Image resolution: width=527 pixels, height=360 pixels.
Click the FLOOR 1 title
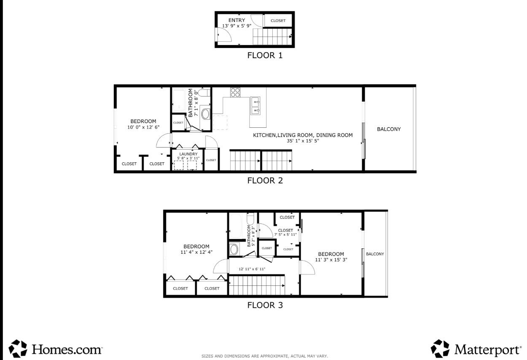pos(265,55)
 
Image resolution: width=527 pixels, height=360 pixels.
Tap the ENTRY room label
pos(237,20)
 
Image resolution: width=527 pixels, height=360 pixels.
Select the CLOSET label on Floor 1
pos(278,21)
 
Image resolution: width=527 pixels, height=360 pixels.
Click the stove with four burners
pos(235,92)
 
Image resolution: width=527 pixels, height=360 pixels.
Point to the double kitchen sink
pos(255,106)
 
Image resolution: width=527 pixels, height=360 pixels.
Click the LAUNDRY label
pos(188,154)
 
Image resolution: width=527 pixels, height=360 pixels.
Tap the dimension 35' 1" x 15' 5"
pos(303,141)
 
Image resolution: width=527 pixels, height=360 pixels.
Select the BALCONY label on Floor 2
pos(389,129)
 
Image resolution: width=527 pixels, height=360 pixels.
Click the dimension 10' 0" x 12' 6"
pos(143,127)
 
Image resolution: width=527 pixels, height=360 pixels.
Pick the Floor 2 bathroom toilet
pos(204,93)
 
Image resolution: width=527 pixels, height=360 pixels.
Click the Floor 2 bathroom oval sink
pos(206,114)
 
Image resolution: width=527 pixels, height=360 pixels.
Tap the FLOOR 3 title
pos(265,305)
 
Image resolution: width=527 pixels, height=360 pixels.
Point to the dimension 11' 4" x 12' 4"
pos(196,252)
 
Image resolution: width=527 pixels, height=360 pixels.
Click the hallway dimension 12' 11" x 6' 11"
pos(252,269)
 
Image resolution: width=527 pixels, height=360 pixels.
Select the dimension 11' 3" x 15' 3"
pos(331,260)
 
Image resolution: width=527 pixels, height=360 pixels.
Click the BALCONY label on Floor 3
pos(375,254)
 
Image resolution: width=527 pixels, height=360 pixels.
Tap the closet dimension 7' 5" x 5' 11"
pos(285,234)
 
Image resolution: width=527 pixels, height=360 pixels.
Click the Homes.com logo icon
pos(18,349)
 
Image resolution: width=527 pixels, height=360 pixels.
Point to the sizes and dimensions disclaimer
pos(265,356)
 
